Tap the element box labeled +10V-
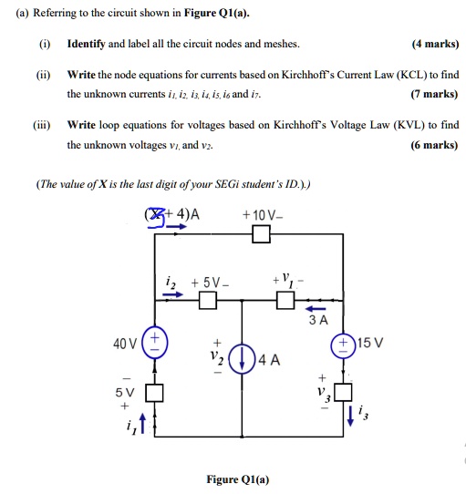(x=262, y=235)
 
